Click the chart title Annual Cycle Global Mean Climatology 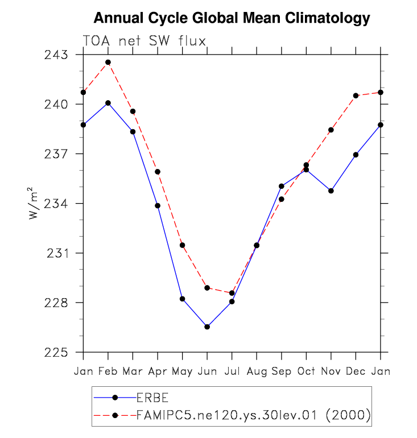pos(232,19)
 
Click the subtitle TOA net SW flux pos(144,40)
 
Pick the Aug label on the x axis pos(257,371)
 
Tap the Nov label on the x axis pos(331,371)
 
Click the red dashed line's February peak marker pos(108,62)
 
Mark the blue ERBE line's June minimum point pos(207,327)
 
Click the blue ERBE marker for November pos(331,191)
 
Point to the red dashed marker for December pos(356,96)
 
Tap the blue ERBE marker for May pos(183,299)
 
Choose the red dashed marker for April pos(158,172)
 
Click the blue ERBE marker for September pos(282,186)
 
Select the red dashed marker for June pos(207,288)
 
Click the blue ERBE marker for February pos(108,103)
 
